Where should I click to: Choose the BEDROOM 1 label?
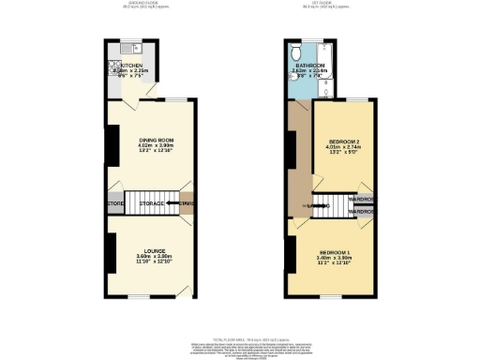tap(334, 252)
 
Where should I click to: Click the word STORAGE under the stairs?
tap(151, 203)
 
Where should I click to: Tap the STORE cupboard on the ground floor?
tap(115, 203)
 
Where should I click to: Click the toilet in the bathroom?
tap(297, 52)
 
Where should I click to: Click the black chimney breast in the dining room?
tap(110, 143)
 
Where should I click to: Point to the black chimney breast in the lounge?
tap(111, 251)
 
